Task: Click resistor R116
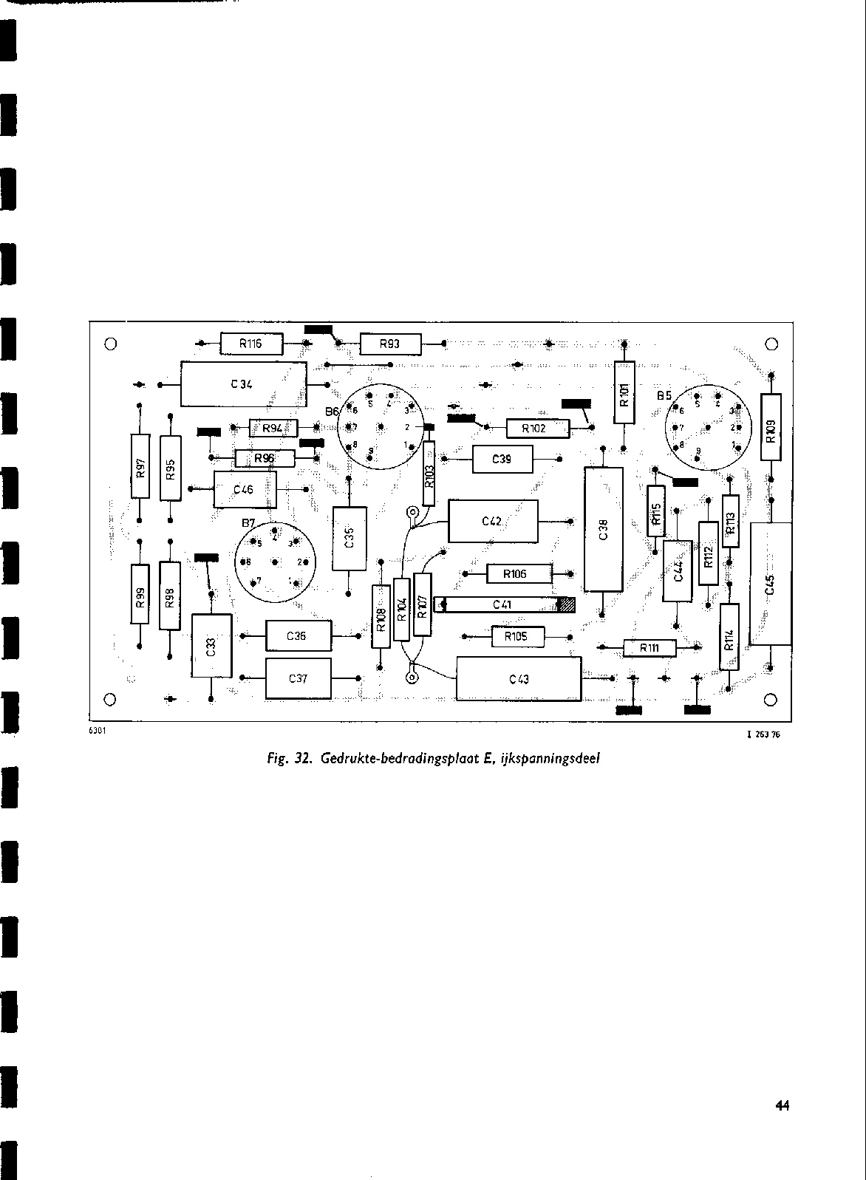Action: (242, 344)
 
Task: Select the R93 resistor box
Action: (389, 344)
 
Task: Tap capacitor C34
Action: (243, 383)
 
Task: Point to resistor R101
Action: (624, 392)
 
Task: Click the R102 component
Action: (537, 428)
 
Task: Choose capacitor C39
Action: (502, 459)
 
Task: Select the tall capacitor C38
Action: (603, 529)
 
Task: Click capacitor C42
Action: (493, 521)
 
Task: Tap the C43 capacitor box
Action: (519, 679)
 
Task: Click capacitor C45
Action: (770, 583)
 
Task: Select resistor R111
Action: (649, 647)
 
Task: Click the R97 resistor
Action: (140, 467)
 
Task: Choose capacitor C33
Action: (211, 645)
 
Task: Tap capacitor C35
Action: (350, 537)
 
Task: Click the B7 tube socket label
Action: (248, 523)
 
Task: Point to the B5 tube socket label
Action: (664, 396)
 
